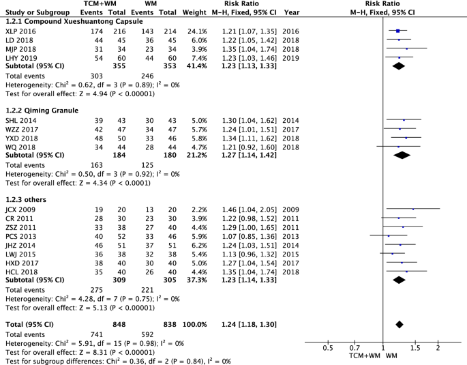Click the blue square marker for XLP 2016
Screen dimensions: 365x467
[397, 31]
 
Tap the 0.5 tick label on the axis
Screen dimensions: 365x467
[327, 348]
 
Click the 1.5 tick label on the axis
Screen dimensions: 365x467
[415, 348]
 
